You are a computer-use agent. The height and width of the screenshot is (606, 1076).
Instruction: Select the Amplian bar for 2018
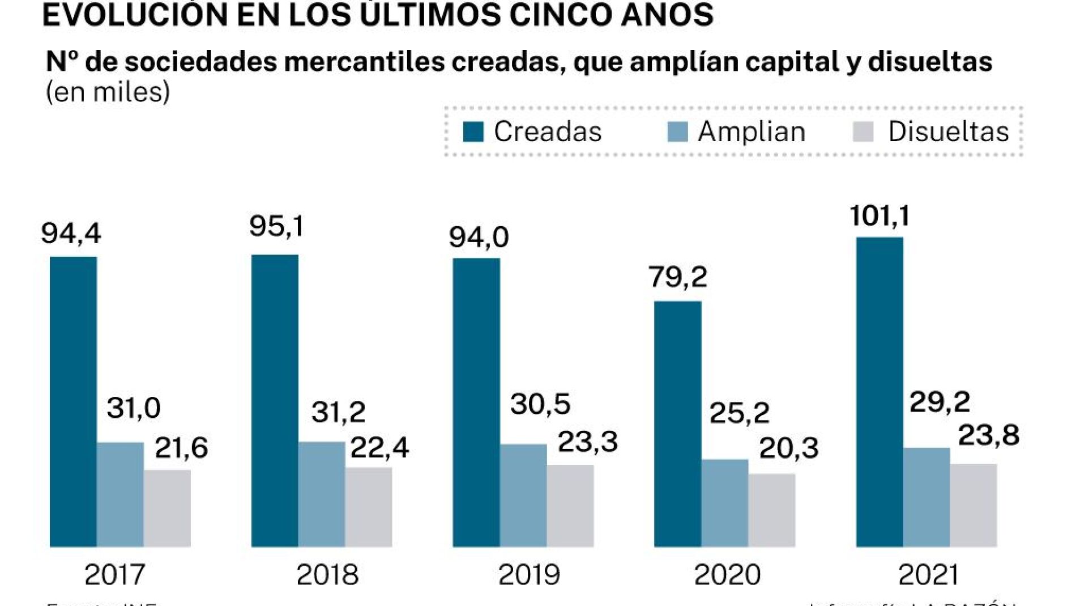click(322, 494)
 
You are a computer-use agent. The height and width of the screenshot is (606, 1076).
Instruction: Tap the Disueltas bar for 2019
click(570, 506)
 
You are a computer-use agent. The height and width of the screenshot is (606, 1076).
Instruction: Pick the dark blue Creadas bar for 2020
click(677, 423)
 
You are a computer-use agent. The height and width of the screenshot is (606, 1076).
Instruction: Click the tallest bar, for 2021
click(879, 392)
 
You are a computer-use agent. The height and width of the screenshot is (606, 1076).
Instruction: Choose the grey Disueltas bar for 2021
click(973, 505)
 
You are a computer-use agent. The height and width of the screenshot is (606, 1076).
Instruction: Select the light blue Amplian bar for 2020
click(725, 503)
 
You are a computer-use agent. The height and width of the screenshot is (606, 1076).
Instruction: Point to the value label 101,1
click(879, 216)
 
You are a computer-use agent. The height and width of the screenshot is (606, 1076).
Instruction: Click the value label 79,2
click(677, 277)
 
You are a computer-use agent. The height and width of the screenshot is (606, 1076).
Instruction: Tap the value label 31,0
click(134, 408)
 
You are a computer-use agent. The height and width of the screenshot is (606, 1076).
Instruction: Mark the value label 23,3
click(587, 442)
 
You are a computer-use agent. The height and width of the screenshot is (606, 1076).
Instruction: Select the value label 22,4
click(379, 448)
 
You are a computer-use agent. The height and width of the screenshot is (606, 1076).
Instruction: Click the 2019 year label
click(529, 575)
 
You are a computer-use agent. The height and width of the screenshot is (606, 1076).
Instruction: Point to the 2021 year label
click(929, 575)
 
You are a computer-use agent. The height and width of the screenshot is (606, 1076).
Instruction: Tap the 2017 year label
click(115, 575)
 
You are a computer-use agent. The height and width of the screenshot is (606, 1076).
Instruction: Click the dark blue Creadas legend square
click(473, 132)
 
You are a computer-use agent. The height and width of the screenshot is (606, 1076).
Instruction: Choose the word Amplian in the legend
click(751, 132)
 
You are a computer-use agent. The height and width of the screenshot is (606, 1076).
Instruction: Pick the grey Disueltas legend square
click(863, 132)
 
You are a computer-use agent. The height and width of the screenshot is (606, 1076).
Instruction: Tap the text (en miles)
click(108, 92)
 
